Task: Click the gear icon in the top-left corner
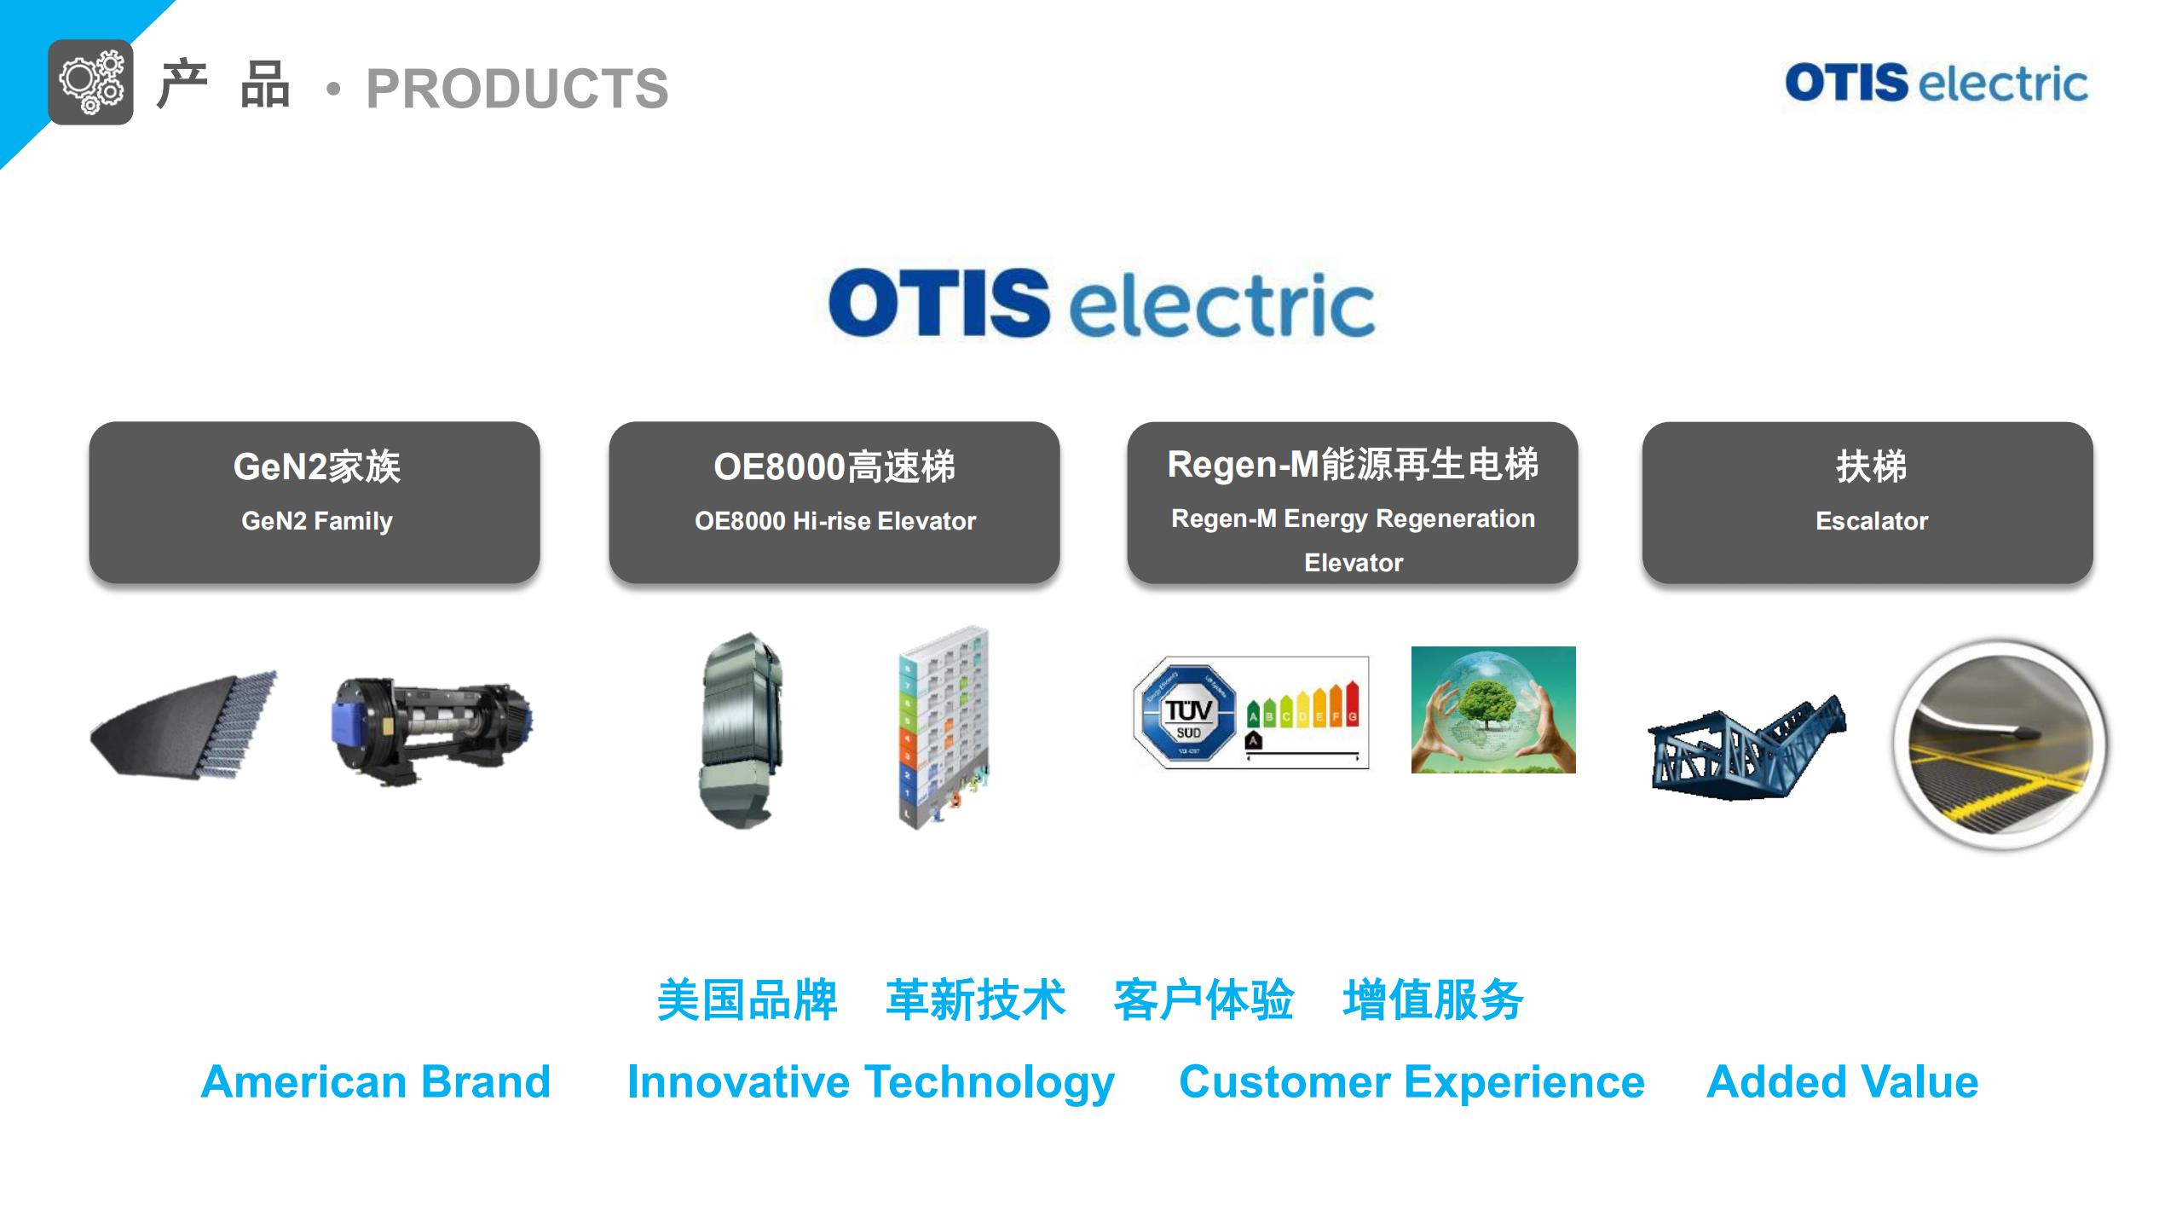tap(90, 82)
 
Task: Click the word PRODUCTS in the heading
tap(517, 89)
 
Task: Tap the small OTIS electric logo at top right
tap(1936, 83)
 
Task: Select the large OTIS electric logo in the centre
tap(1101, 304)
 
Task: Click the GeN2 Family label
tap(316, 520)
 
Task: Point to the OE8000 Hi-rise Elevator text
tap(834, 520)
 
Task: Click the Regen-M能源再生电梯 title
tap(1353, 465)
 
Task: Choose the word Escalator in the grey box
tap(1871, 520)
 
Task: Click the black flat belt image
tap(184, 725)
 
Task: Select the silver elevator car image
tap(740, 729)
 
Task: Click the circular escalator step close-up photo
tap(2000, 745)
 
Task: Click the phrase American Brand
tap(376, 1081)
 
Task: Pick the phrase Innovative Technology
tap(870, 1081)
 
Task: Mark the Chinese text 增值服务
tap(1433, 999)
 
